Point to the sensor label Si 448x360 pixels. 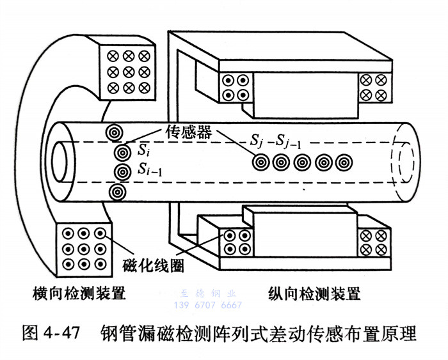pyautogui.click(x=144, y=151)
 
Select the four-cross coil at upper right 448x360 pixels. pyautogui.click(x=374, y=86)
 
